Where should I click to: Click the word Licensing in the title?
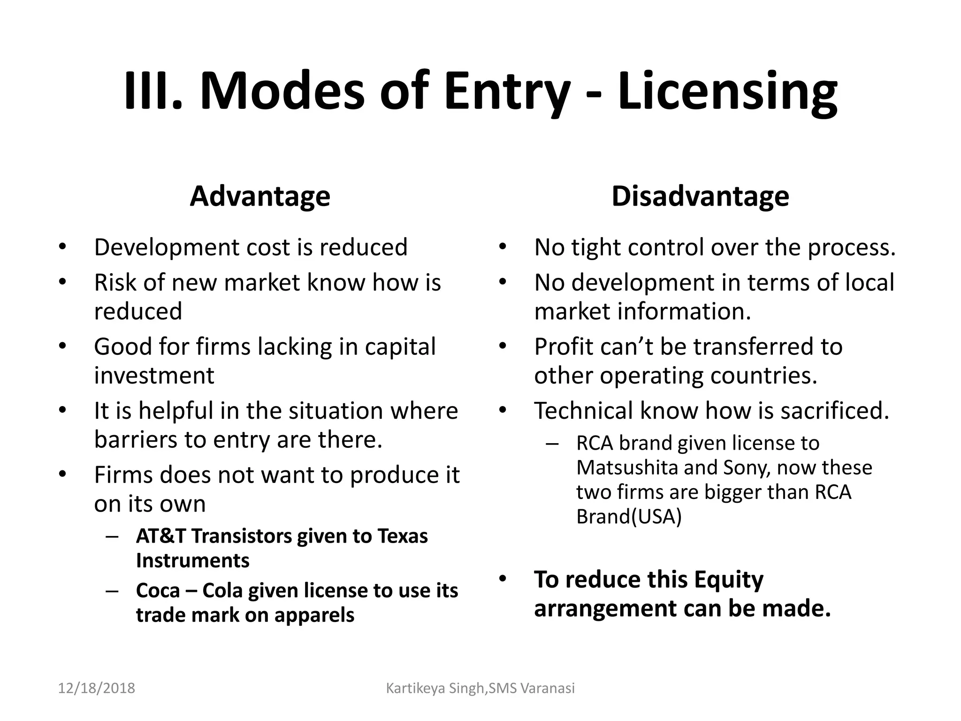coord(727,92)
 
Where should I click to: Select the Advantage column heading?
coord(260,196)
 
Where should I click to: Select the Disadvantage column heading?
coord(700,196)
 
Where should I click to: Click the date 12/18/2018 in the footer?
coord(96,688)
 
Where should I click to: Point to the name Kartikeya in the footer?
coord(415,688)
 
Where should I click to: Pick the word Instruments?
coord(192,560)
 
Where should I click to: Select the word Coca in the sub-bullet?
coord(158,591)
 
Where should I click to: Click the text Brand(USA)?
coord(629,516)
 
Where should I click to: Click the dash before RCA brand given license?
coord(552,444)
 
